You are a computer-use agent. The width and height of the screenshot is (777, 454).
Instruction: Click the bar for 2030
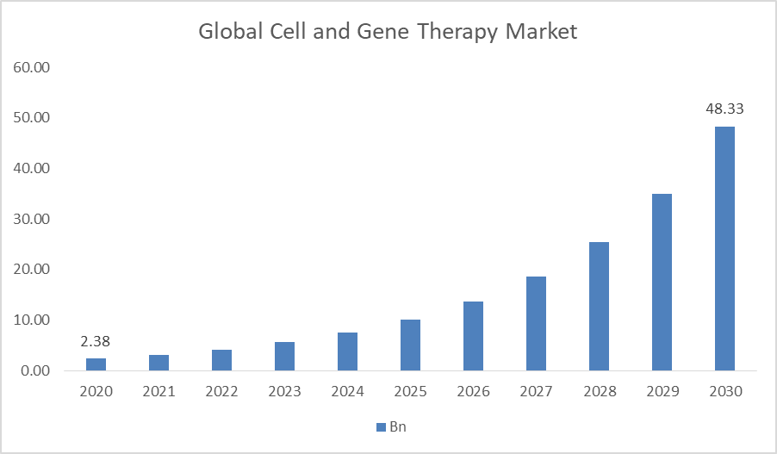click(724, 249)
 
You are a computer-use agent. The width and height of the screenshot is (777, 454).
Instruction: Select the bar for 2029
click(662, 283)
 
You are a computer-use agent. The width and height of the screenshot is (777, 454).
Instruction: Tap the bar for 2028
click(599, 307)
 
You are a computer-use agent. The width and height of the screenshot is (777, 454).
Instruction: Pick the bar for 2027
click(536, 324)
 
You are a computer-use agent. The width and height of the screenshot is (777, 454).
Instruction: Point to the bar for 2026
click(473, 336)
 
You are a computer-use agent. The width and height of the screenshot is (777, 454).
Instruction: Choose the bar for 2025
click(410, 345)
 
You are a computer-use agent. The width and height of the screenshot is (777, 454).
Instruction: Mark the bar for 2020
click(96, 364)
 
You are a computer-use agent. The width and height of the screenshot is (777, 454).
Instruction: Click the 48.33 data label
click(724, 109)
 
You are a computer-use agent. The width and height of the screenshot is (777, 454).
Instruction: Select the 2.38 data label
click(96, 341)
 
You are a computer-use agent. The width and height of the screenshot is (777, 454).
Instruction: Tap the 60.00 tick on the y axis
click(32, 67)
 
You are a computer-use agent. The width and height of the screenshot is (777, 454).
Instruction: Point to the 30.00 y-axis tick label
click(32, 219)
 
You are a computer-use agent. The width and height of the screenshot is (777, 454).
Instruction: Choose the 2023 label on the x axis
click(284, 392)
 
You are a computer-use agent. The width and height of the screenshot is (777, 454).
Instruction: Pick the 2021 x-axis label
click(159, 392)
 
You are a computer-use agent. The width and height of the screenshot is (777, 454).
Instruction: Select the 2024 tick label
click(347, 392)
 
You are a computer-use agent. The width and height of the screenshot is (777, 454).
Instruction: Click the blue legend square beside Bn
click(380, 427)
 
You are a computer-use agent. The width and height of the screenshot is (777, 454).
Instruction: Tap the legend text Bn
click(398, 427)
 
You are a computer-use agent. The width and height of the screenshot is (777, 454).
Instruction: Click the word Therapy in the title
click(458, 33)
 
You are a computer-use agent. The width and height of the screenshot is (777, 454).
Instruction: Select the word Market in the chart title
click(541, 33)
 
